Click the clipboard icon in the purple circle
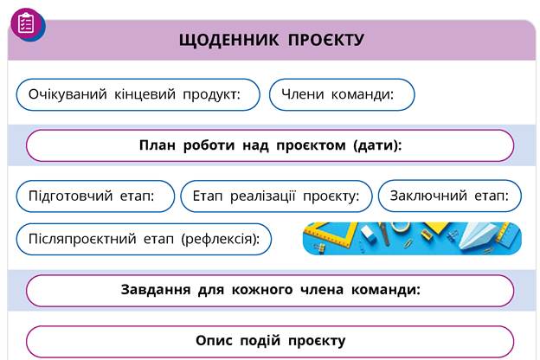point(26,23)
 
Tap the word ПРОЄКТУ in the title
point(325,40)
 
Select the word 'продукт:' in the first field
point(211,94)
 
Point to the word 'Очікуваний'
point(67,94)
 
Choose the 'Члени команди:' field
point(342,94)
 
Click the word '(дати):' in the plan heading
point(377,145)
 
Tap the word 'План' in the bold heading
point(157,145)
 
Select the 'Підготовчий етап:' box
point(95,196)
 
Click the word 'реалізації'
point(263,196)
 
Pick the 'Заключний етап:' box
point(450,196)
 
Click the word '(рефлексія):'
point(221,239)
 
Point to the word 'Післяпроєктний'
point(82,239)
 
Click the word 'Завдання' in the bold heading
point(156,289)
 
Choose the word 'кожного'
point(262,290)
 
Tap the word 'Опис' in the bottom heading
point(214,340)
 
